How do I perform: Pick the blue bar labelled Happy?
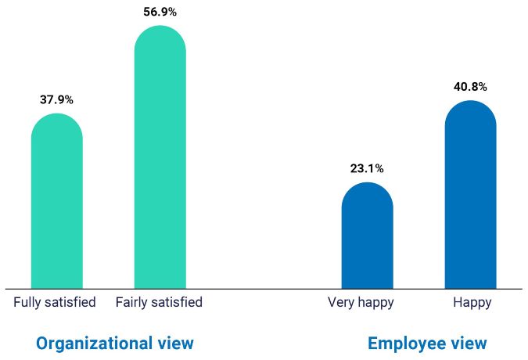(470, 196)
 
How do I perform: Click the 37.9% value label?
(56, 100)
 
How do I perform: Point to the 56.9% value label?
(160, 12)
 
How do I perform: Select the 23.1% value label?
(367, 168)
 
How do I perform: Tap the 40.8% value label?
(470, 87)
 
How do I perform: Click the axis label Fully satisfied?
(55, 302)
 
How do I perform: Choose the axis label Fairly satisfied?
(159, 302)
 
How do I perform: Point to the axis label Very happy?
(361, 302)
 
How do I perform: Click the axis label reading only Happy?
(472, 302)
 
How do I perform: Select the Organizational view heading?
(115, 343)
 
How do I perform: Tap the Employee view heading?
(427, 343)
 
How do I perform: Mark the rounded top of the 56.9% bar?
(160, 35)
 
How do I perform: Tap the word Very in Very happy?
(341, 302)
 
